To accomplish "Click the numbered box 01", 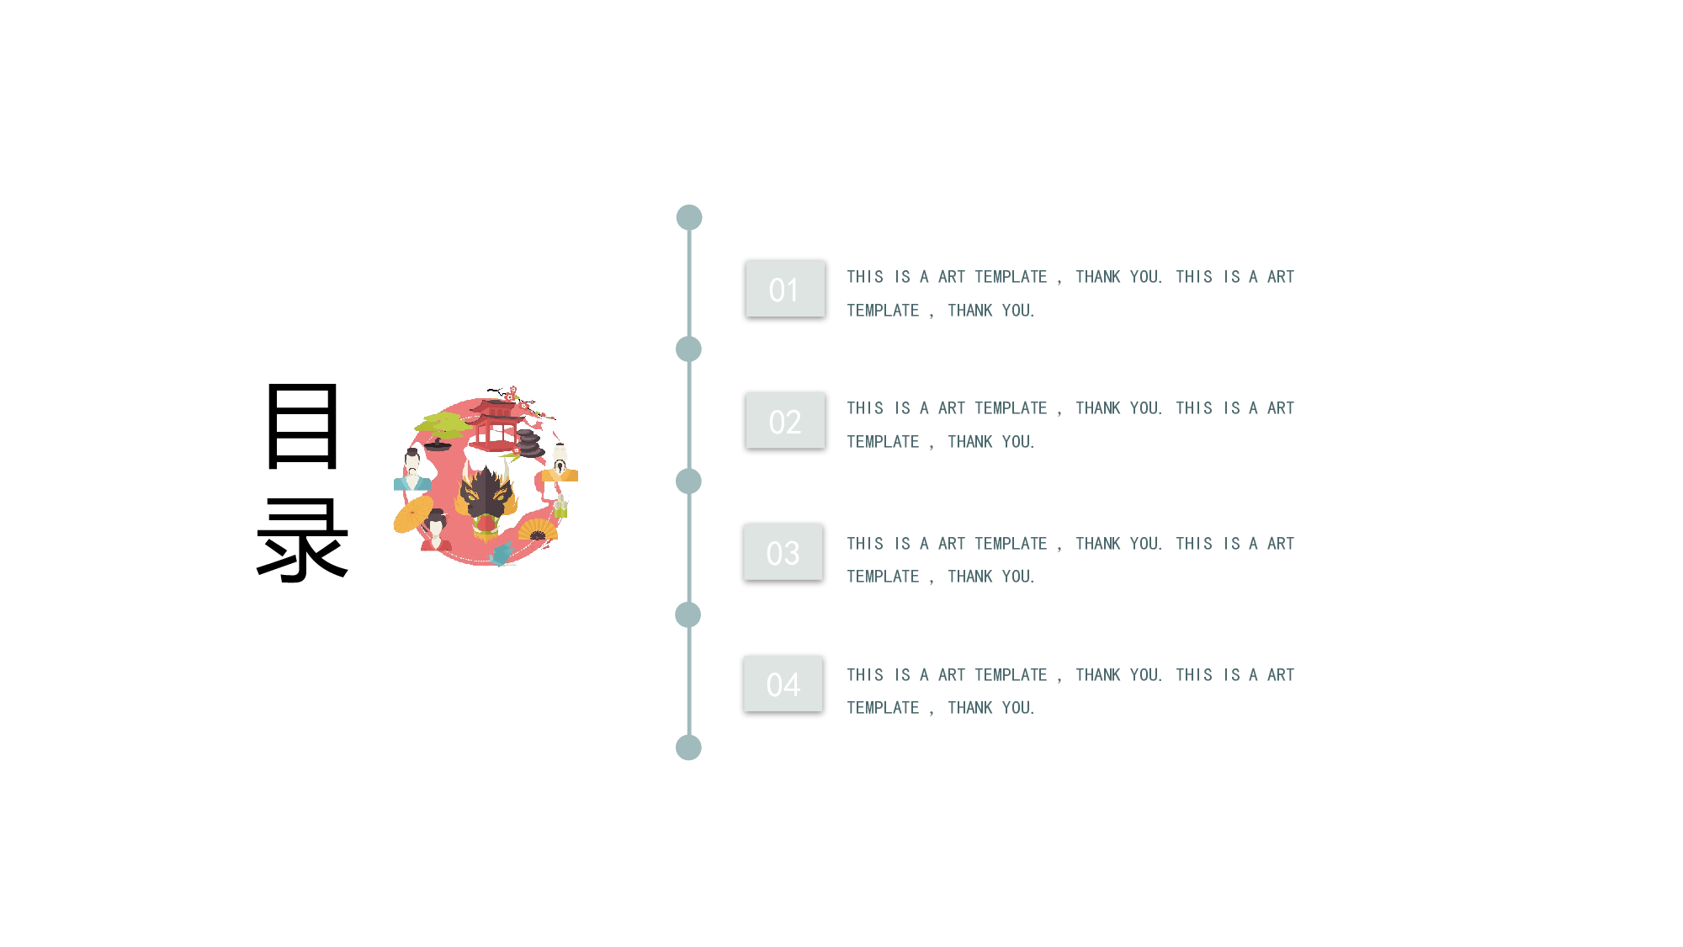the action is (x=785, y=289).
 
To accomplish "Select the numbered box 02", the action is (x=785, y=420).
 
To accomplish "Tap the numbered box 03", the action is (x=783, y=551).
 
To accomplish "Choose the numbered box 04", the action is (x=783, y=684).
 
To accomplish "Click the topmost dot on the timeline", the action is (x=689, y=217).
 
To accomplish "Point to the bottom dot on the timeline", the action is (x=688, y=747).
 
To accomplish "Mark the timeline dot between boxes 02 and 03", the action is (x=688, y=481).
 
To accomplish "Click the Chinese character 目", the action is (x=303, y=426).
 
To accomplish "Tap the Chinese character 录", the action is (x=302, y=540).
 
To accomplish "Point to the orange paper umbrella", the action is (x=413, y=513).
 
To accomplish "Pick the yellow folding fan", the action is (x=538, y=529).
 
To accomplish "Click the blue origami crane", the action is (x=502, y=554).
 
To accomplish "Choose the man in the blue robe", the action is (x=411, y=470).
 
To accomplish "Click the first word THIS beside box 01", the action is (x=865, y=277).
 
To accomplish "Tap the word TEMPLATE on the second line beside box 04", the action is (x=883, y=708).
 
